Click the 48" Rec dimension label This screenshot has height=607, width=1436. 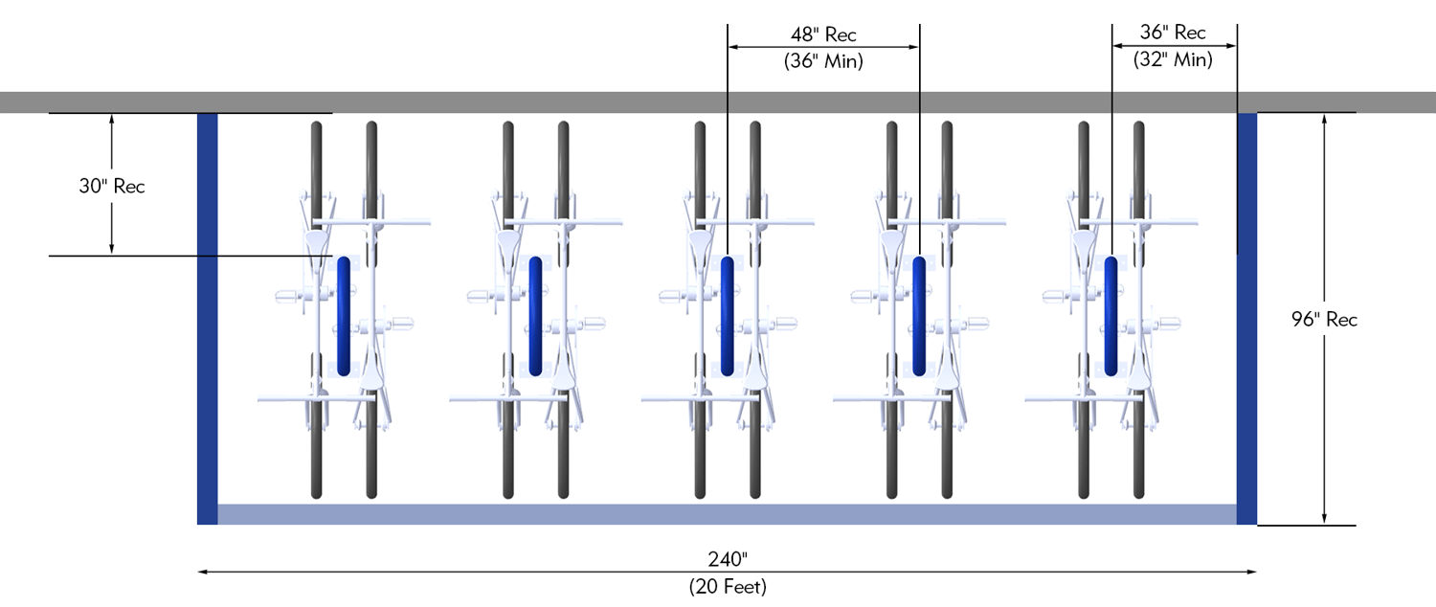[x=823, y=34]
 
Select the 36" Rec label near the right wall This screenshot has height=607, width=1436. [x=1173, y=33]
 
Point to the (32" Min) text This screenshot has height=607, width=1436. [x=1173, y=59]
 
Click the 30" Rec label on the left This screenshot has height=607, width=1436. [x=112, y=187]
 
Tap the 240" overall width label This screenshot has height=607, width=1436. [x=727, y=559]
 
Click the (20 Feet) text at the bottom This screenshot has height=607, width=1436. [x=727, y=586]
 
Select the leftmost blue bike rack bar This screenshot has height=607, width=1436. [x=344, y=316]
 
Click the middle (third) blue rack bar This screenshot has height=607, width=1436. [x=728, y=316]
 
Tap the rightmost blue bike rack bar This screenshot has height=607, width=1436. [x=1111, y=316]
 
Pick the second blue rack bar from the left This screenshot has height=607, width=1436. [x=535, y=316]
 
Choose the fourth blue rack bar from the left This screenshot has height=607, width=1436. [x=919, y=316]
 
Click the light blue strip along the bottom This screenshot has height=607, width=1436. [x=728, y=514]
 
